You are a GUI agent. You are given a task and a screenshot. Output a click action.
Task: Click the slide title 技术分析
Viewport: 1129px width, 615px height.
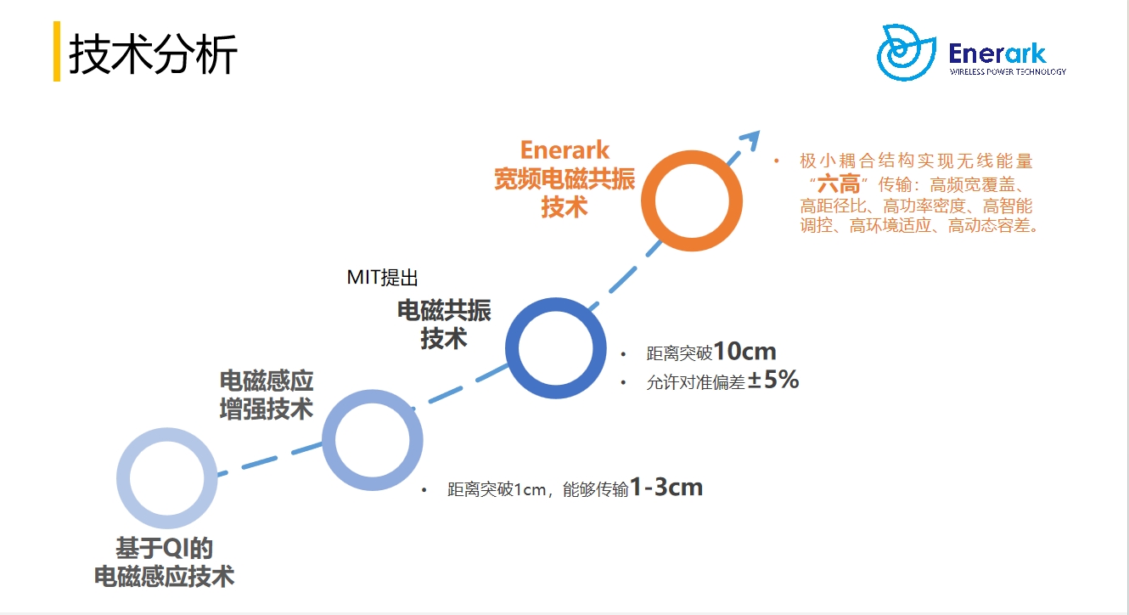pyautogui.click(x=153, y=54)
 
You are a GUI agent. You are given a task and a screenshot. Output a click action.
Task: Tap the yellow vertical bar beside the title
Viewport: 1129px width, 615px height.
pyautogui.click(x=57, y=51)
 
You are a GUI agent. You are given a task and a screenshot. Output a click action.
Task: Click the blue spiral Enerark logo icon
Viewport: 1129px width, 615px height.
pyautogui.click(x=906, y=53)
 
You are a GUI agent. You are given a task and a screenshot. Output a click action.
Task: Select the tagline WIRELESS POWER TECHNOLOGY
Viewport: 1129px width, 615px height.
pyautogui.click(x=1008, y=71)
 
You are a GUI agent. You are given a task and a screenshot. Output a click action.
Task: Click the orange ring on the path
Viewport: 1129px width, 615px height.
pyautogui.click(x=648, y=200)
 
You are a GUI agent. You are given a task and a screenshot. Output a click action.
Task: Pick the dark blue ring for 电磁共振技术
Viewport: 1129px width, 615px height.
pyautogui.click(x=512, y=348)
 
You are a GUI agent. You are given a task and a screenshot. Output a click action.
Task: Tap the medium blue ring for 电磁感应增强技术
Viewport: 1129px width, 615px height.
pyautogui.click(x=329, y=440)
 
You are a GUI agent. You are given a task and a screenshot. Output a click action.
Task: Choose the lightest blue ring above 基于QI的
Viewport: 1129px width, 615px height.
pyautogui.click(x=123, y=478)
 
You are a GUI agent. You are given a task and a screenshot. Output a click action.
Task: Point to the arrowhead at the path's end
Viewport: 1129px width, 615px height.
pyautogui.click(x=751, y=140)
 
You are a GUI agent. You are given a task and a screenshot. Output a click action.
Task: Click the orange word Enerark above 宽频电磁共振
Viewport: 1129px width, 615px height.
pyautogui.click(x=564, y=150)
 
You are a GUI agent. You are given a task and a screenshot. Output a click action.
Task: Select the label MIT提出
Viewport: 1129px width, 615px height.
pyautogui.click(x=382, y=278)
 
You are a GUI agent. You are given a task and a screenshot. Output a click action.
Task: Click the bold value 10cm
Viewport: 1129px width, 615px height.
pyautogui.click(x=745, y=351)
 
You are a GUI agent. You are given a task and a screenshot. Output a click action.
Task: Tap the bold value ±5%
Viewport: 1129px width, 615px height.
pyautogui.click(x=773, y=380)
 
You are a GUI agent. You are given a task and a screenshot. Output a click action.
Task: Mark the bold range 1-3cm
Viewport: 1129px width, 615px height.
pyautogui.click(x=666, y=488)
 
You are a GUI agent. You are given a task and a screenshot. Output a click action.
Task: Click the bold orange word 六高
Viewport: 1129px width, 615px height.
pyautogui.click(x=839, y=184)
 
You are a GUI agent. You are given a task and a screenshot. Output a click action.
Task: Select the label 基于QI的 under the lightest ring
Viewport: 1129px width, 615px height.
pyautogui.click(x=165, y=548)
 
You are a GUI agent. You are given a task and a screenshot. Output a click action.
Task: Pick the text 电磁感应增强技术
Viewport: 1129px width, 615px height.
pyautogui.click(x=267, y=394)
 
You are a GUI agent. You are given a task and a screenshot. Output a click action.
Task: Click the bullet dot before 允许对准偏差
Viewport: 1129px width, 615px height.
pyautogui.click(x=623, y=383)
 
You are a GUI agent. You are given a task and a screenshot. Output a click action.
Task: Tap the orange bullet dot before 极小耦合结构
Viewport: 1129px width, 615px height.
pyautogui.click(x=777, y=161)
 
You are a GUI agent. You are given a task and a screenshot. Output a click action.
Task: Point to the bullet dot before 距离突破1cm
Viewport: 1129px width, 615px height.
pyautogui.click(x=424, y=490)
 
